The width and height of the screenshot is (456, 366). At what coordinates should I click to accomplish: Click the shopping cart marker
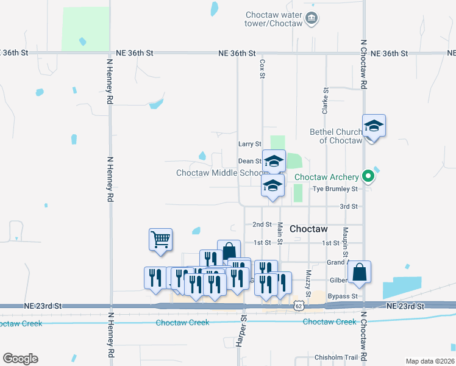(160, 239)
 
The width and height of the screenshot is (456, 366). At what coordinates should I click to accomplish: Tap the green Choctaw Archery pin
(368, 177)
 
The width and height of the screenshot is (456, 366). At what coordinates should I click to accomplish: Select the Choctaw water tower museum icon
(312, 18)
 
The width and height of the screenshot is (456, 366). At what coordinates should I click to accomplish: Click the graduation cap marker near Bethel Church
(374, 126)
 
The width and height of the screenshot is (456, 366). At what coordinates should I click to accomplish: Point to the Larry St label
(249, 144)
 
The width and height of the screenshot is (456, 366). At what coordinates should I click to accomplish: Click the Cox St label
(263, 63)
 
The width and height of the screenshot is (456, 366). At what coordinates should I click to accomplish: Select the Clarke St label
(326, 101)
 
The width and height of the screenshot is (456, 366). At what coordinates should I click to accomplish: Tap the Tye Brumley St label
(334, 189)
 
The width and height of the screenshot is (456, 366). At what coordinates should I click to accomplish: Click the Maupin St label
(345, 241)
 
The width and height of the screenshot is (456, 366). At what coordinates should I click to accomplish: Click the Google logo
(20, 359)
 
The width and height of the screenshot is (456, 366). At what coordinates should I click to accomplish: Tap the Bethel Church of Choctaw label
(336, 136)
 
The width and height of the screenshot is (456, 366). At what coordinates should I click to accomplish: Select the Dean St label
(249, 161)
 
